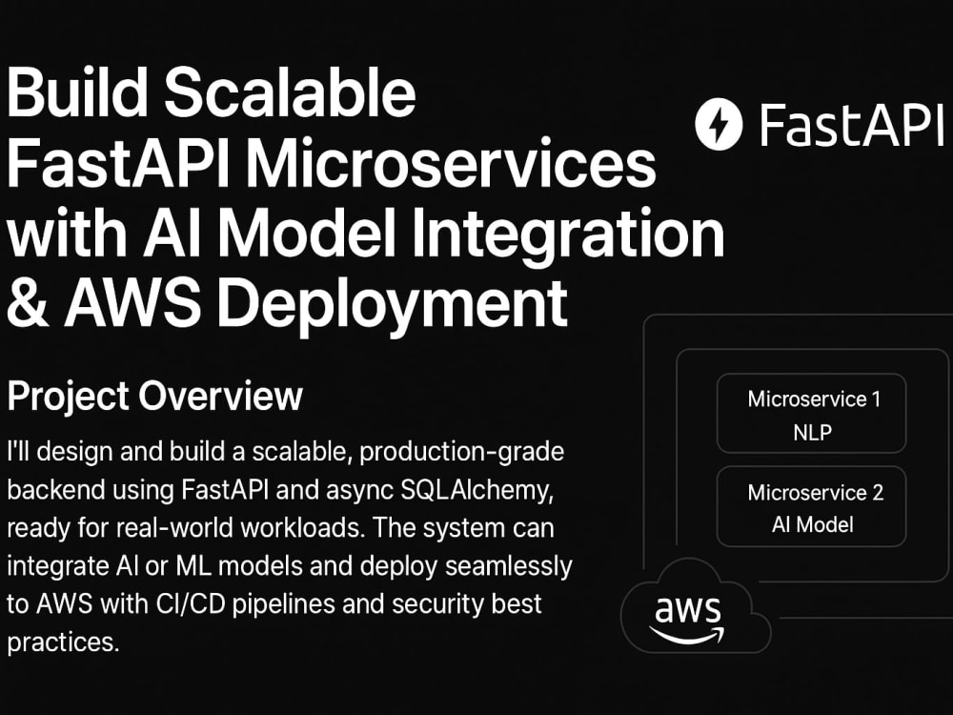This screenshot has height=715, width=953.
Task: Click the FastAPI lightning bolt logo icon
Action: pyautogui.click(x=719, y=124)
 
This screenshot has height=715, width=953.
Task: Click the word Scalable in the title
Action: pyautogui.click(x=290, y=93)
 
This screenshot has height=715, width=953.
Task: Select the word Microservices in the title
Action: pyautogui.click(x=450, y=163)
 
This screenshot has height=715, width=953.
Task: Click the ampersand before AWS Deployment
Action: pyautogui.click(x=28, y=303)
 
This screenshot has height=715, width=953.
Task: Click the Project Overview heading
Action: pyautogui.click(x=155, y=397)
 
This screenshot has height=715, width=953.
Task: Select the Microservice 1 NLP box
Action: pyautogui.click(x=811, y=414)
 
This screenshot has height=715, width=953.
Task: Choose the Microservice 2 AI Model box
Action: pyautogui.click(x=811, y=506)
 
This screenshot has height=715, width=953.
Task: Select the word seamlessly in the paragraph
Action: pyautogui.click(x=508, y=567)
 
